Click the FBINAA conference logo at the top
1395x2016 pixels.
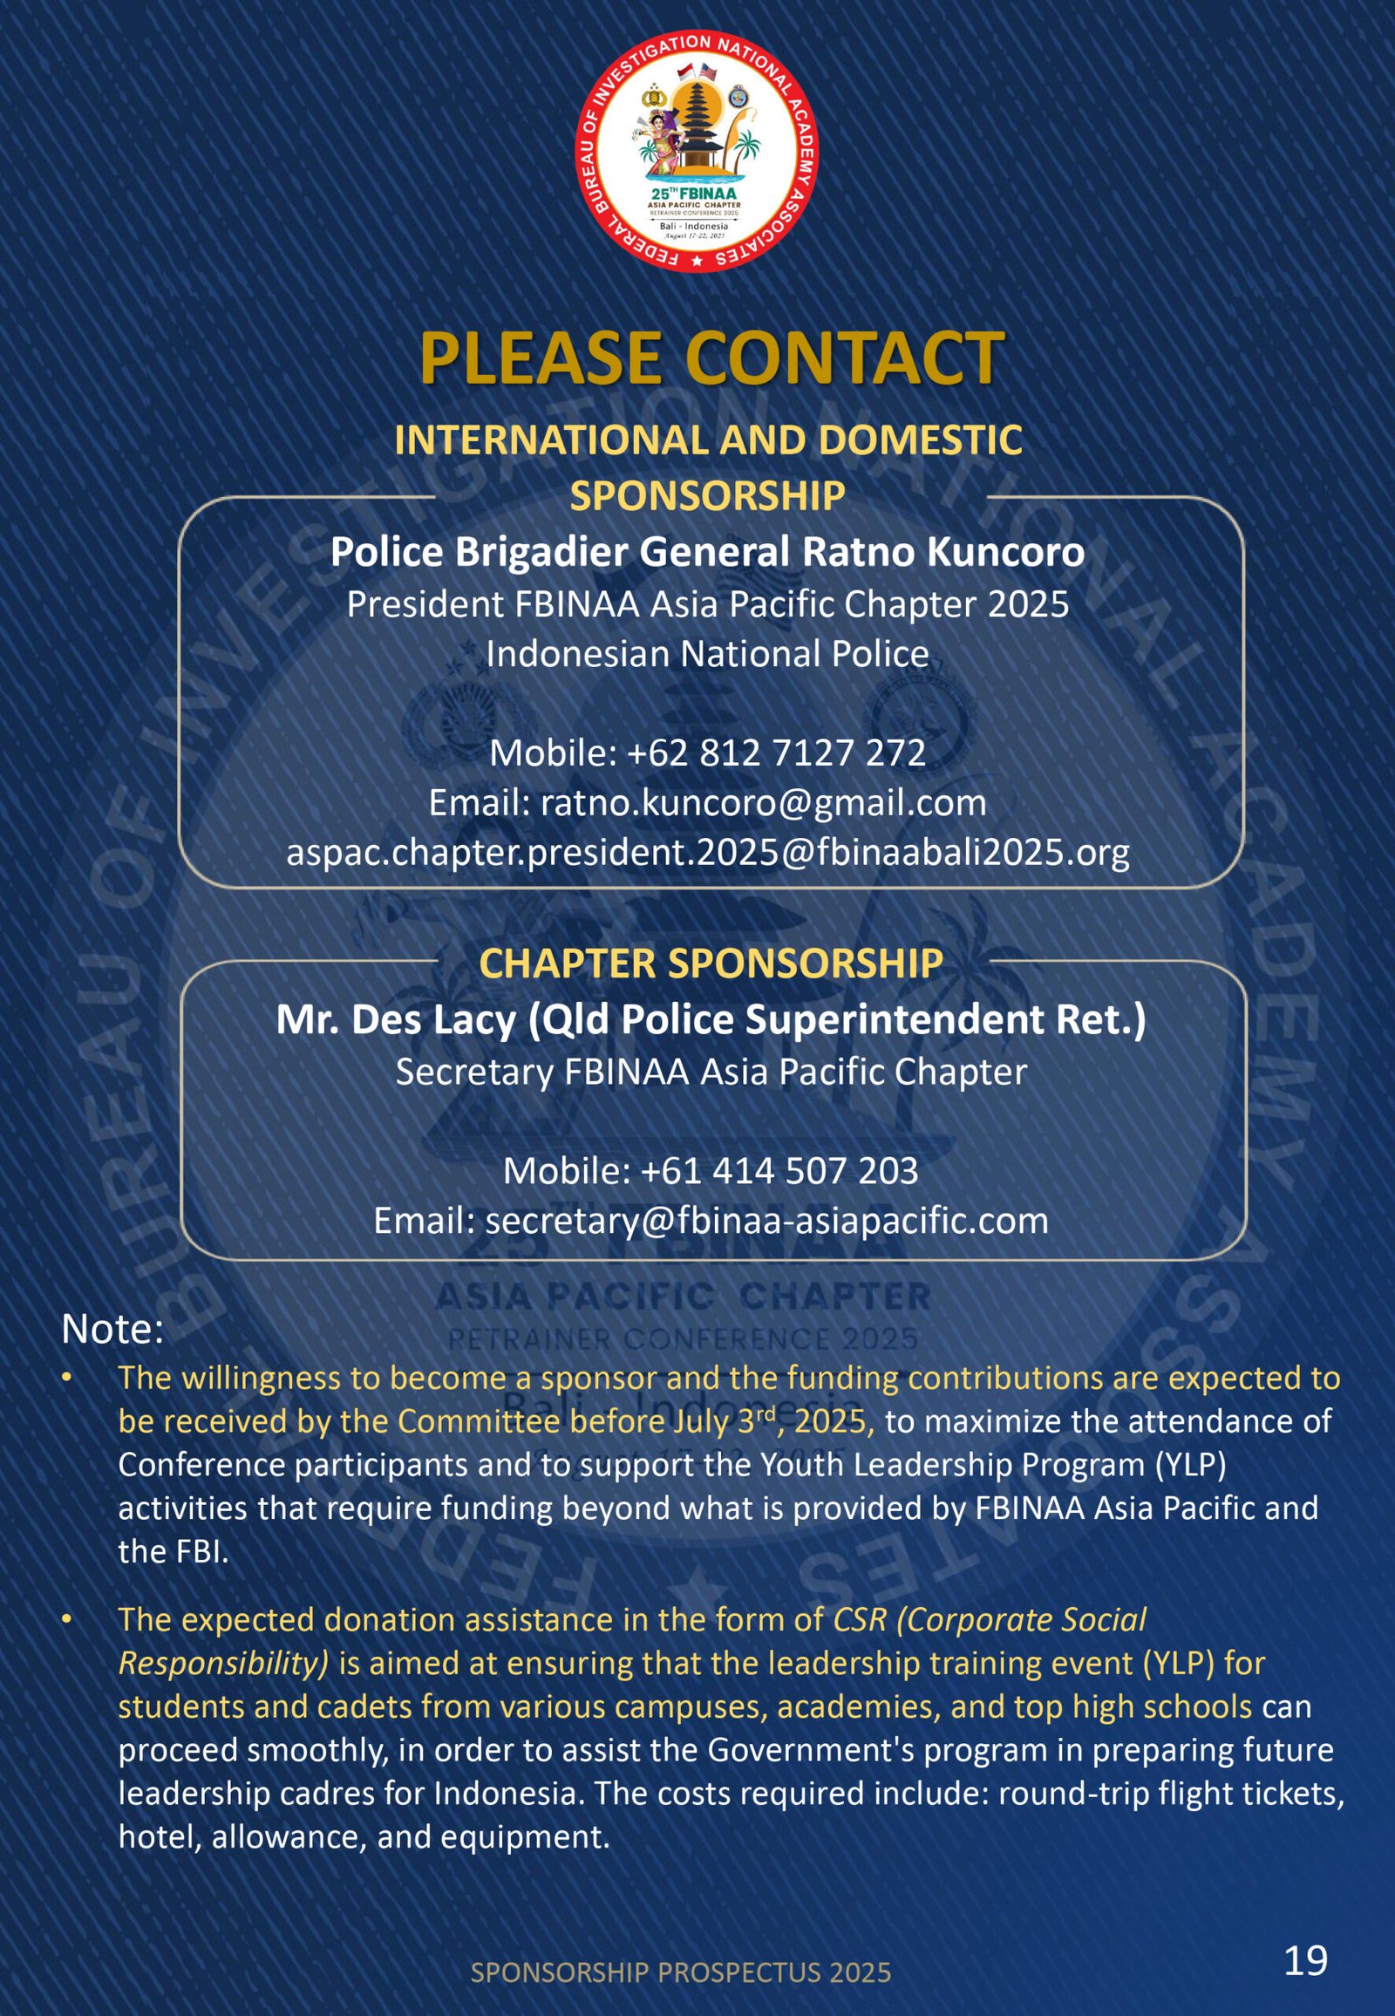click(x=697, y=151)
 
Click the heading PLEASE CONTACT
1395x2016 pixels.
click(x=711, y=358)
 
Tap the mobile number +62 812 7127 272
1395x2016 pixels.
click(x=775, y=753)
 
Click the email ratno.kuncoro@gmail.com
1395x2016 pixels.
click(x=763, y=802)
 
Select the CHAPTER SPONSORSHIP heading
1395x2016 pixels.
click(x=711, y=963)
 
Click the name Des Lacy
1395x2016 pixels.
click(x=432, y=1019)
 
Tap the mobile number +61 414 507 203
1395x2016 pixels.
click(x=779, y=1170)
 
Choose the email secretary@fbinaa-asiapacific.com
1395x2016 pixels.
click(x=766, y=1221)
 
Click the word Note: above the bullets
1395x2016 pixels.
click(x=112, y=1330)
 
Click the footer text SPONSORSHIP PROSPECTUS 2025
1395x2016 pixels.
click(x=680, y=1972)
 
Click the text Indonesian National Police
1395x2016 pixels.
click(x=707, y=654)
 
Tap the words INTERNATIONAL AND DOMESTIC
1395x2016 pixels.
click(x=708, y=439)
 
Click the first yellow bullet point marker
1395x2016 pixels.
click(x=66, y=1379)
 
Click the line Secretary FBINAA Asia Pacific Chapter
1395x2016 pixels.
click(x=711, y=1072)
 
